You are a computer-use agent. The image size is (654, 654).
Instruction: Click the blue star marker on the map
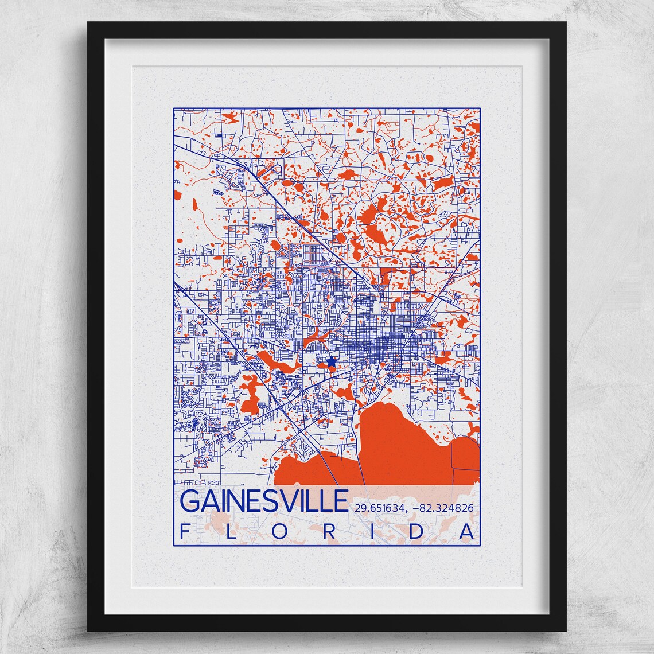(x=331, y=361)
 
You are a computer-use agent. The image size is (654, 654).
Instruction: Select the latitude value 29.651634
(x=381, y=507)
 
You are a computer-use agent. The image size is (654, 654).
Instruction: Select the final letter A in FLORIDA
(x=468, y=532)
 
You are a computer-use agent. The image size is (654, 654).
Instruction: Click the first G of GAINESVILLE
(x=190, y=501)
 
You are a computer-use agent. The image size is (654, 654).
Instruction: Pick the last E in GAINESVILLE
(x=341, y=501)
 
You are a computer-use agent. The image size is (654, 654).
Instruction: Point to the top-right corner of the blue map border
(x=480, y=107)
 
